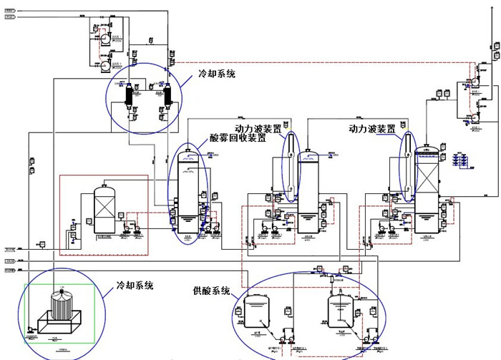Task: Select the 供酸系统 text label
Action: coord(211,291)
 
